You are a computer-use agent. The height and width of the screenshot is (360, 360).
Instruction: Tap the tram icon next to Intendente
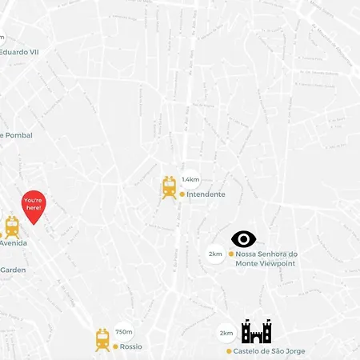[170, 188]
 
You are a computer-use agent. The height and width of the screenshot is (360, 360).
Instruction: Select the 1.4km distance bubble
[190, 180]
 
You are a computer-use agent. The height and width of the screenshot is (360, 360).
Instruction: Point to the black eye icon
[244, 238]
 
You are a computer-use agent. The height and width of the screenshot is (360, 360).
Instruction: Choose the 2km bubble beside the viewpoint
[215, 254]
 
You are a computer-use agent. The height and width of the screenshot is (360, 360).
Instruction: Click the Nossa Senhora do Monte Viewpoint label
[266, 258]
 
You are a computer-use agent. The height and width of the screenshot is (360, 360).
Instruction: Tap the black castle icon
[256, 330]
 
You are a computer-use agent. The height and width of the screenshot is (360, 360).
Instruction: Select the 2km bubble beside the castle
[226, 333]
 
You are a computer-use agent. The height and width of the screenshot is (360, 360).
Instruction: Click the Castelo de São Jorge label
[270, 351]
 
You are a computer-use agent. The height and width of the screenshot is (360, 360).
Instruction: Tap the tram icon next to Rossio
[102, 340]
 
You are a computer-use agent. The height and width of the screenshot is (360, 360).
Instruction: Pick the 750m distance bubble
[124, 331]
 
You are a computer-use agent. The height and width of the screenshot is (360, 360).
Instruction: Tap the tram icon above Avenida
[12, 226]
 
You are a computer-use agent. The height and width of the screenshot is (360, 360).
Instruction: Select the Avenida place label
[13, 242]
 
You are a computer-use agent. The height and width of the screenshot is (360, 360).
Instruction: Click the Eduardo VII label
[19, 52]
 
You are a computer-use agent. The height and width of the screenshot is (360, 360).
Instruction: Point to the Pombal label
[18, 135]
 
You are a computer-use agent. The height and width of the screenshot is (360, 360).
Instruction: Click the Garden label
[13, 270]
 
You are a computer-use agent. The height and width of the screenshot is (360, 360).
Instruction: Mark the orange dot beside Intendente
[182, 194]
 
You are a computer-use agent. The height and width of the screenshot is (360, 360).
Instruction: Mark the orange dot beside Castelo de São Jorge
[229, 351]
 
